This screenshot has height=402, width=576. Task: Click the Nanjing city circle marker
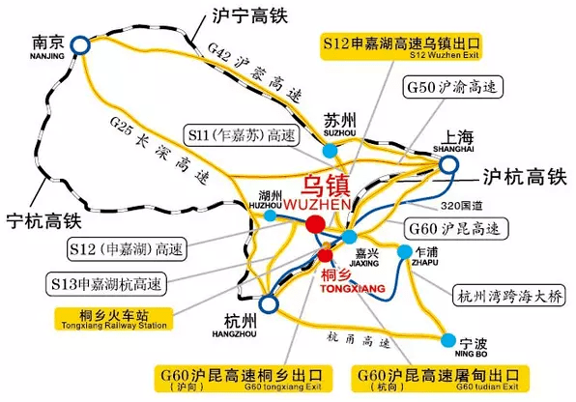click(x=77, y=43)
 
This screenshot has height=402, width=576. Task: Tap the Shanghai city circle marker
click(x=449, y=166)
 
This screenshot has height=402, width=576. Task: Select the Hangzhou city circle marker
click(x=269, y=304)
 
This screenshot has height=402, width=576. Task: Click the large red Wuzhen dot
click(x=314, y=225)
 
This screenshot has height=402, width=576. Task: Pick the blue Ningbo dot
click(x=448, y=339)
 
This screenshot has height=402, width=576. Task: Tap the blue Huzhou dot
click(x=271, y=215)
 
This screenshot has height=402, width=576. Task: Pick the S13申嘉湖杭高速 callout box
click(x=108, y=284)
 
